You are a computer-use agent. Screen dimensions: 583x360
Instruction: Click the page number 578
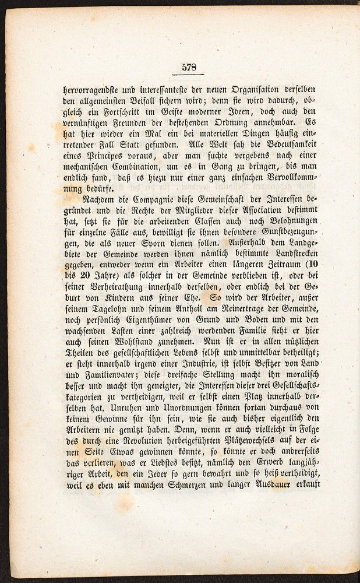(189, 67)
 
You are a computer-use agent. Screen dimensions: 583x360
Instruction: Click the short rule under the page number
(189, 76)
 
